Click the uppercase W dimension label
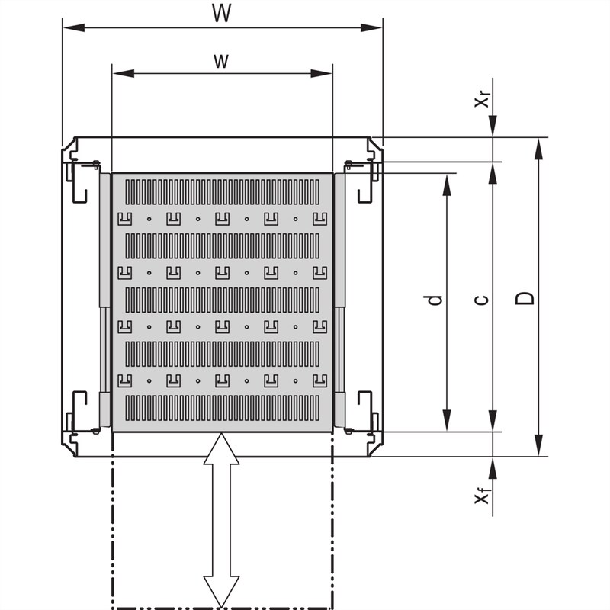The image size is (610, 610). [222, 14]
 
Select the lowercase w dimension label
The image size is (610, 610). [221, 61]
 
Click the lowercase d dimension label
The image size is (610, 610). [435, 300]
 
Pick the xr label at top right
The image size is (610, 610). [482, 99]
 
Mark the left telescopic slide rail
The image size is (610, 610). [104, 301]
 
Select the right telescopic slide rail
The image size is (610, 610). [340, 301]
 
